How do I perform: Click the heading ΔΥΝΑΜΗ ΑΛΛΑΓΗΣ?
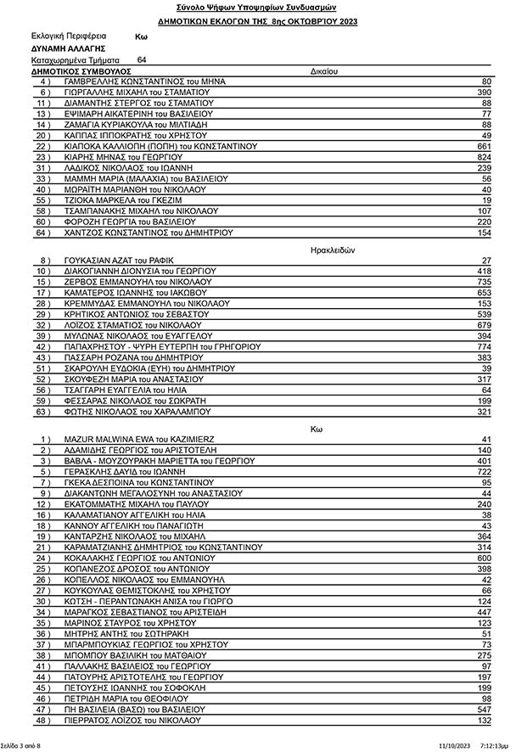click(x=67, y=48)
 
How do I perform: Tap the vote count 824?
click(x=485, y=157)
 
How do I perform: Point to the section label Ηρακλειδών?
click(x=327, y=250)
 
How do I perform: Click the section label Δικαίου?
click(x=324, y=71)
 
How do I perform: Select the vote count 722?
click(x=485, y=471)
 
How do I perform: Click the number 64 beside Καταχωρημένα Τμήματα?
click(x=142, y=60)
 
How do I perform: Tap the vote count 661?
click(x=485, y=146)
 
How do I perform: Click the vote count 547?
click(x=485, y=709)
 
